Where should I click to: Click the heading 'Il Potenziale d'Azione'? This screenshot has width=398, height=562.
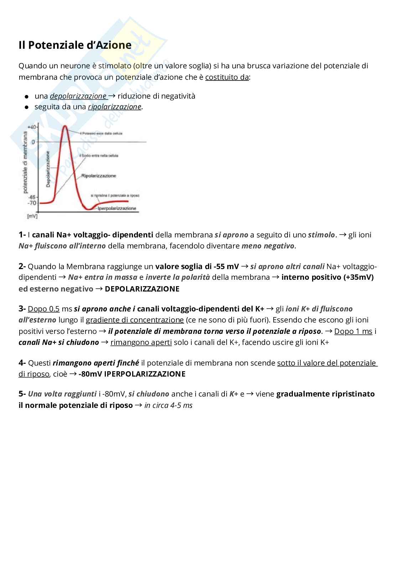pyautogui.click(x=75, y=45)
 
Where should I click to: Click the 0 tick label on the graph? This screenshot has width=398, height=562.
pyautogui.click(x=33, y=142)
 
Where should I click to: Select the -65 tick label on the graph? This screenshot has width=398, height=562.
pyautogui.click(x=32, y=197)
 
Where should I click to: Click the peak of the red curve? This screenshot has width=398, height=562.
pyautogui.click(x=65, y=126)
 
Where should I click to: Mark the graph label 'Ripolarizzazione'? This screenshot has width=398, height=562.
pyautogui.click(x=99, y=176)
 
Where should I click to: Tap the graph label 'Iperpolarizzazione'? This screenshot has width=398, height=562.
pyautogui.click(x=117, y=208)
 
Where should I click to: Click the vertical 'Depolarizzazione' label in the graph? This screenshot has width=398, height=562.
pyautogui.click(x=48, y=169)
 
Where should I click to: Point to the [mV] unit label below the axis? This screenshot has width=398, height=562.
pyautogui.click(x=32, y=216)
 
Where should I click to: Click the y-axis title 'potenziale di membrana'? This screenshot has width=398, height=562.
pyautogui.click(x=25, y=162)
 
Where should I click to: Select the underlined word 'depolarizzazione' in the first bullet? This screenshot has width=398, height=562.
pyautogui.click(x=78, y=96)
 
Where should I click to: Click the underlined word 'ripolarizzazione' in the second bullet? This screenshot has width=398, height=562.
pyautogui.click(x=114, y=107)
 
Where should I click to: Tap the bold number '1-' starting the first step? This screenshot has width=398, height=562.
pyautogui.click(x=22, y=235)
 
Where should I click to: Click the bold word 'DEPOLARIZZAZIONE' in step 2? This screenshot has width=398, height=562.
pyautogui.click(x=142, y=289)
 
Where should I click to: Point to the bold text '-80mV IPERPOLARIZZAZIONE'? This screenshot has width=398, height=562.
pyautogui.click(x=132, y=374)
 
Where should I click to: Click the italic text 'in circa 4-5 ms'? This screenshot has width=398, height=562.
pyautogui.click(x=168, y=405)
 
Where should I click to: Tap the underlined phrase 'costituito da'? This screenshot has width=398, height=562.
pyautogui.click(x=227, y=77)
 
